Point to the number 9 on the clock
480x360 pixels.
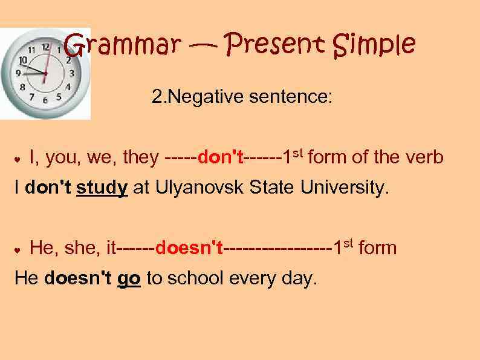18,73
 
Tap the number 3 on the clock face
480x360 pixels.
72,74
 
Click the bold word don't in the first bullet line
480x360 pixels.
221,158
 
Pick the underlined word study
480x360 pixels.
102,188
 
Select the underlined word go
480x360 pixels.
129,278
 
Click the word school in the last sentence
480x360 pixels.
196,278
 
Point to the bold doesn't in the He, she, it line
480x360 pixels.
189,247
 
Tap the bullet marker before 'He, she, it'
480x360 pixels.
18,249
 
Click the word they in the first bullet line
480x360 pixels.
140,158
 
